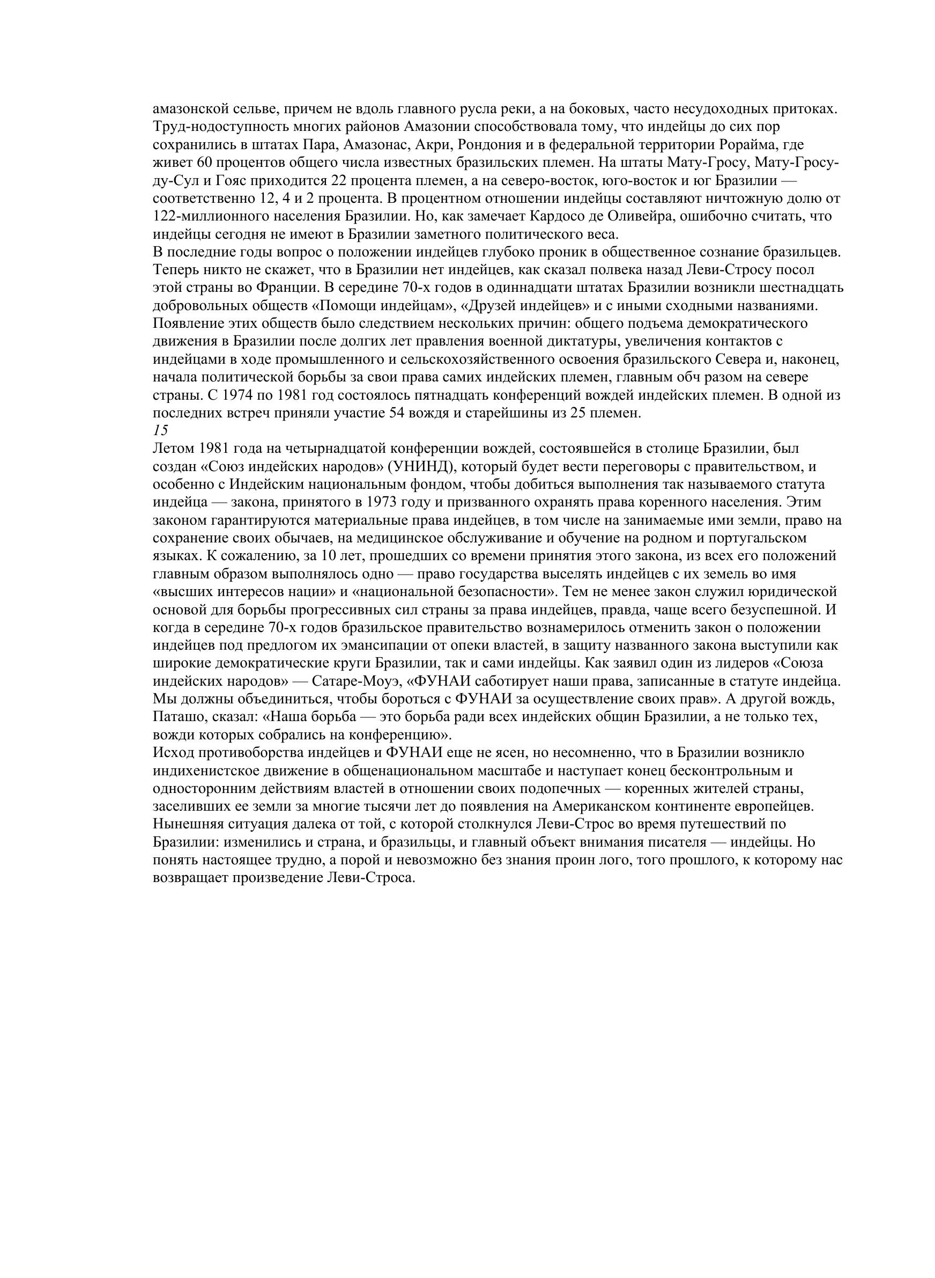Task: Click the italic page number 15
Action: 160,430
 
